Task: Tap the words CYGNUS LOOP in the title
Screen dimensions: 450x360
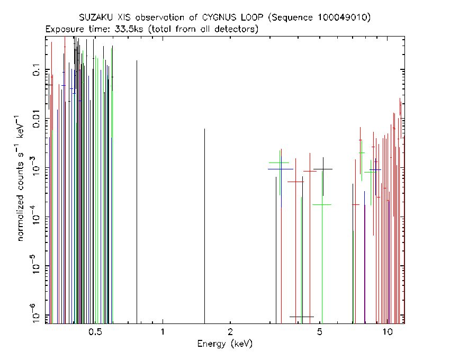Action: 233,18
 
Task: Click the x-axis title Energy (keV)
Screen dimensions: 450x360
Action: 225,344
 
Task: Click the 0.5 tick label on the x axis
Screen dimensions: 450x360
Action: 96,332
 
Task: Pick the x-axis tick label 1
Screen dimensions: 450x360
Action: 163,332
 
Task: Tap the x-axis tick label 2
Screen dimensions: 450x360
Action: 230,332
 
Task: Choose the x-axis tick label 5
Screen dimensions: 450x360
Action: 320,332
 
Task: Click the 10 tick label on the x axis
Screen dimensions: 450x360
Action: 388,332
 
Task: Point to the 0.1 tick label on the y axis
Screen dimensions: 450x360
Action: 37,70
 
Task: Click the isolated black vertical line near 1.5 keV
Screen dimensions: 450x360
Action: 205,226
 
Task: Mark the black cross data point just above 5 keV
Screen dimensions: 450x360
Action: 323,169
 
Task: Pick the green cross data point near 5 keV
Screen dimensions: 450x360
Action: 322,205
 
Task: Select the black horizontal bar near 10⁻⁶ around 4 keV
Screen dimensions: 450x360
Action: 302,317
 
